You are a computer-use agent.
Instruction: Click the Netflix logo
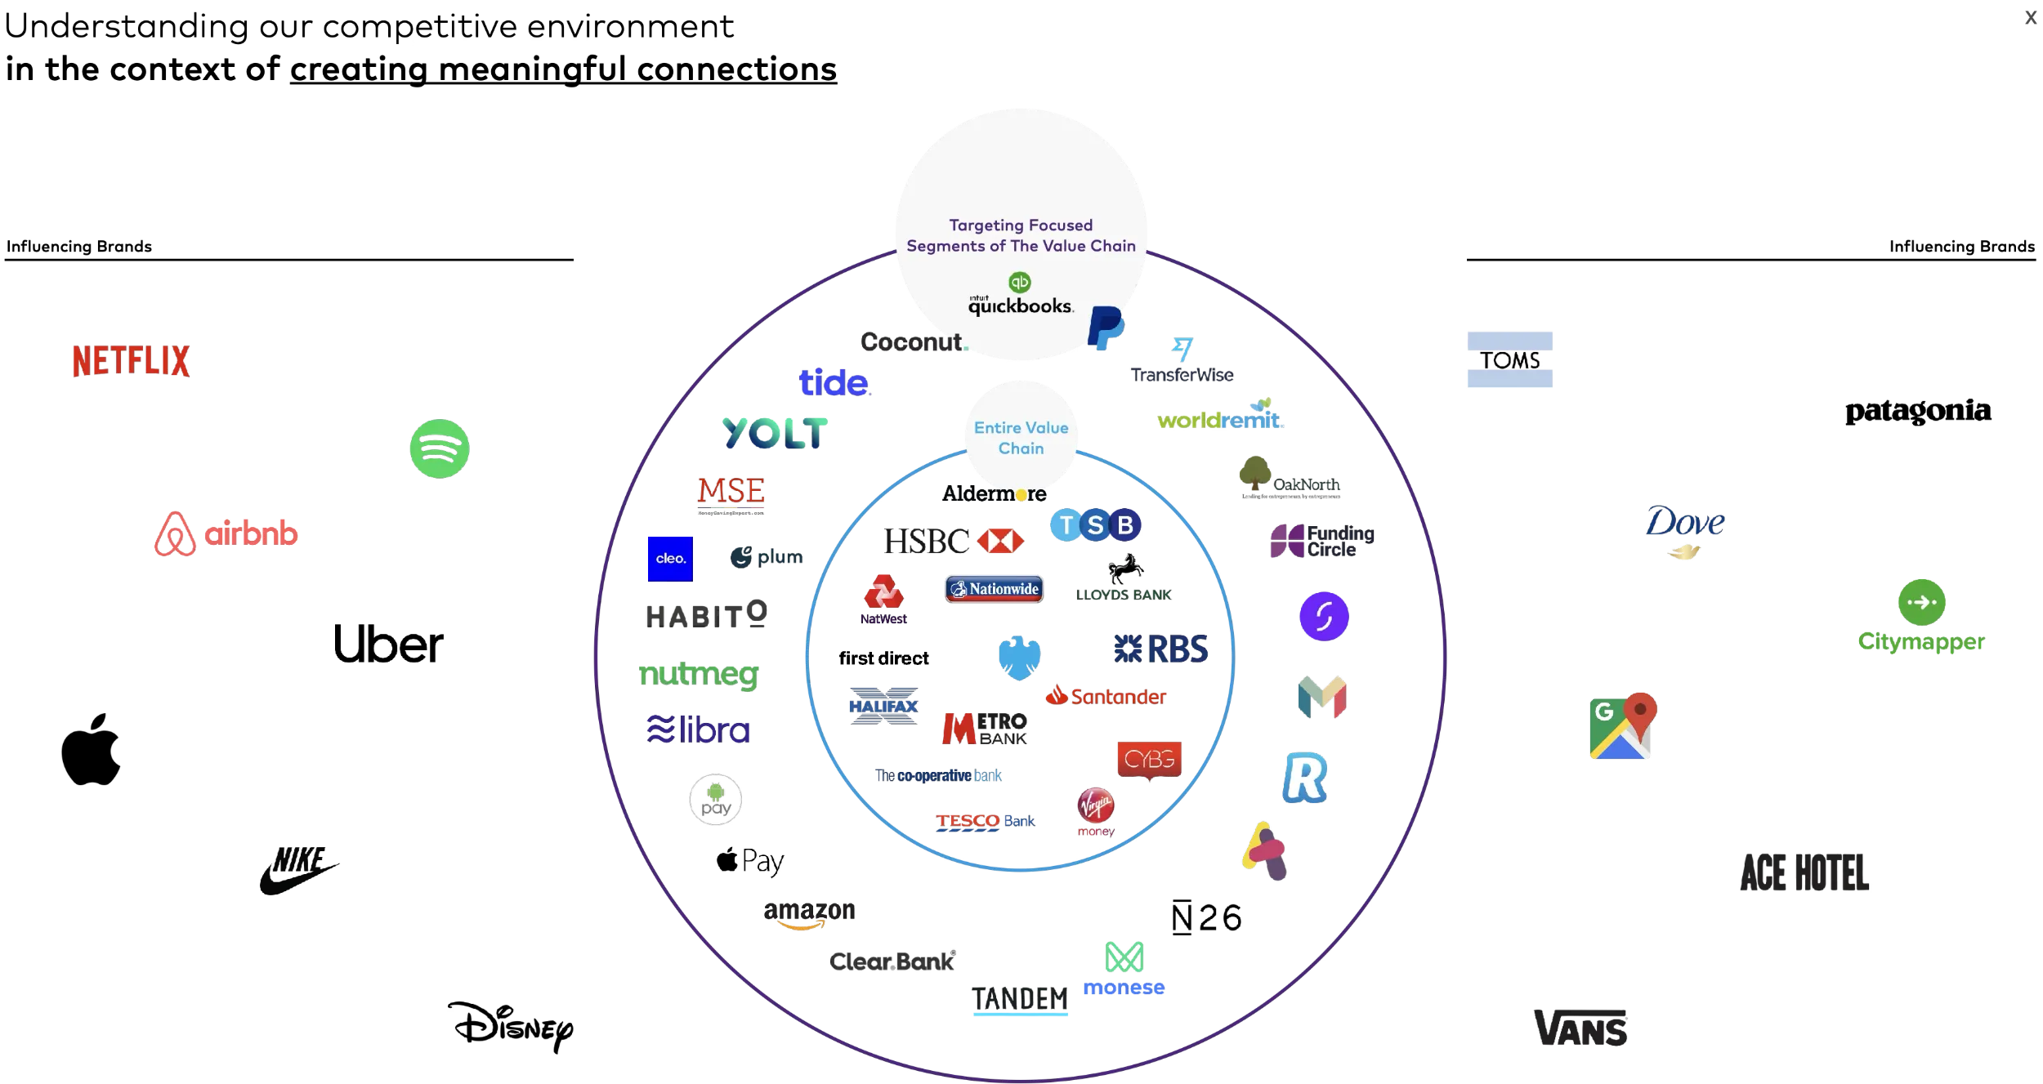[x=131, y=360]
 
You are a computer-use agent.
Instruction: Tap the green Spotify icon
[x=439, y=448]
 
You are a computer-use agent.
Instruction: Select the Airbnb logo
[x=226, y=534]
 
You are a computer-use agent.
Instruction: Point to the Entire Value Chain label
[x=1021, y=438]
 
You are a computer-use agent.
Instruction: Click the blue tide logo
[x=834, y=382]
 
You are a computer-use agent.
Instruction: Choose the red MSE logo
[x=731, y=493]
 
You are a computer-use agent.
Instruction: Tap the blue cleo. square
[x=669, y=559]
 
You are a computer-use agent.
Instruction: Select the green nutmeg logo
[x=699, y=675]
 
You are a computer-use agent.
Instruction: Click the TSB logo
[x=1095, y=525]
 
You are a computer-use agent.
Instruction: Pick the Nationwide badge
[x=995, y=588]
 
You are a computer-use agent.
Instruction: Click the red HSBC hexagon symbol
[x=1000, y=541]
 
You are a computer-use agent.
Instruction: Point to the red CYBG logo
[x=1148, y=760]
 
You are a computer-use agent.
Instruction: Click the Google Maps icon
[x=1622, y=728]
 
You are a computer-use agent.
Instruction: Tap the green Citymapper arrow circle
[x=1921, y=602]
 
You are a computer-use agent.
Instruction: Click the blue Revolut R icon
[x=1304, y=778]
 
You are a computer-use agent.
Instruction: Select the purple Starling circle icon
[x=1324, y=616]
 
